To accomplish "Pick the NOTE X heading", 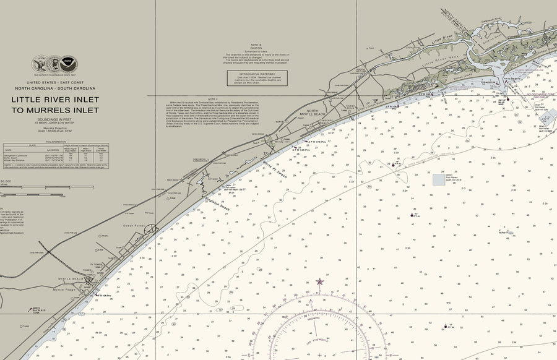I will pos(213,99).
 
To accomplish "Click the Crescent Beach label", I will pos(323,122).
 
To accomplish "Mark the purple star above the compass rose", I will pos(320,281).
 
